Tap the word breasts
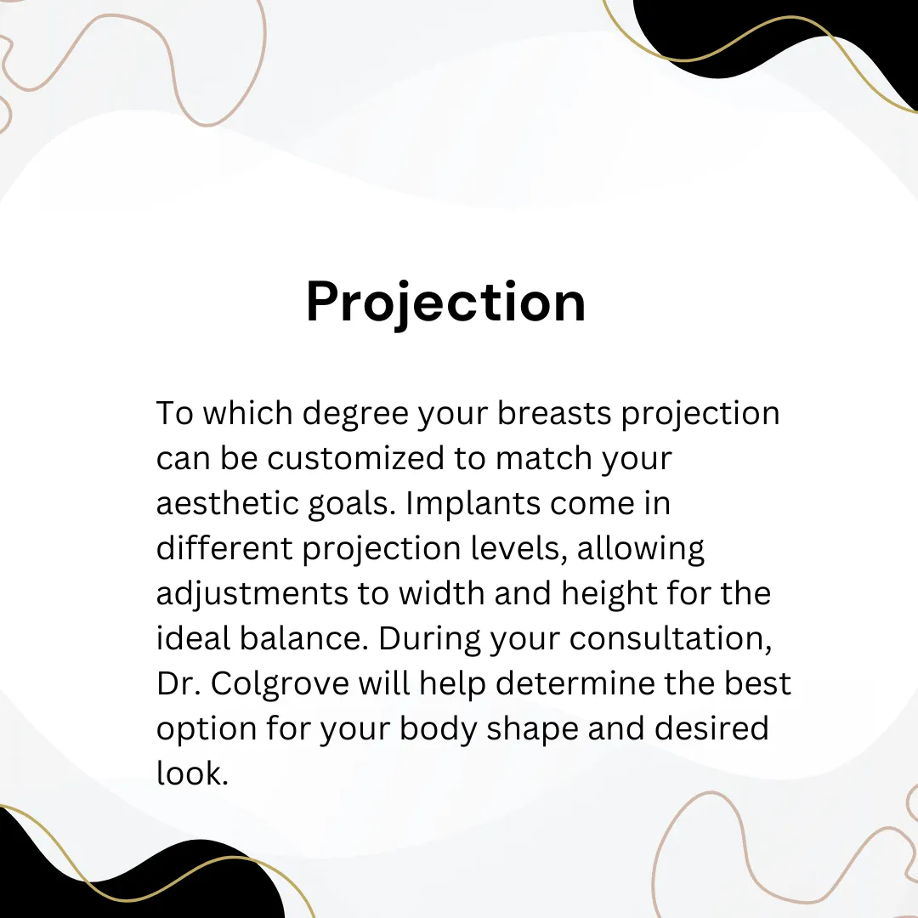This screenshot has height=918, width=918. (554, 413)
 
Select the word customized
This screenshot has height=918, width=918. (356, 458)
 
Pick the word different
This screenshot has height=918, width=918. (224, 548)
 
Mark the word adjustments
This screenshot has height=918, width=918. (252, 593)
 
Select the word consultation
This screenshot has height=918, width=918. (671, 638)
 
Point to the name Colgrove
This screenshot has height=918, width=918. (280, 683)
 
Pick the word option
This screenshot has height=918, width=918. (207, 729)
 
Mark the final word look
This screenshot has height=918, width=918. (191, 773)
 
